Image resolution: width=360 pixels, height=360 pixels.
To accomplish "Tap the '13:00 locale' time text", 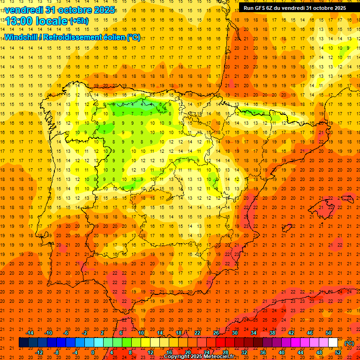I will point(37,21).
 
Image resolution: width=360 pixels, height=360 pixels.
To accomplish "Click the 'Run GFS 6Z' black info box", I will point(295,7).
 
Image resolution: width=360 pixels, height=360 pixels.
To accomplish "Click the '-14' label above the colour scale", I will point(30,333).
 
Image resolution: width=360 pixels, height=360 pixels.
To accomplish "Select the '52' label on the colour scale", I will point(338,352).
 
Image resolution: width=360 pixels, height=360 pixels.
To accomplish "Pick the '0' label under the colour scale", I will point(93,352).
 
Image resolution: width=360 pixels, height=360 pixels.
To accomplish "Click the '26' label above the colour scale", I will point(216,333).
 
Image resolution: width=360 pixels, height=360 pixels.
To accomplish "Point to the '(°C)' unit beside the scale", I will point(349,343).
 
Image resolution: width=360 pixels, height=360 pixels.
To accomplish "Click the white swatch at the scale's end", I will point(333,343).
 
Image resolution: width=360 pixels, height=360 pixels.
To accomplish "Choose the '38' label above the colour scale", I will point(272,333).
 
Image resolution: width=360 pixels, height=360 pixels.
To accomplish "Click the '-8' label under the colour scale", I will point(57,352).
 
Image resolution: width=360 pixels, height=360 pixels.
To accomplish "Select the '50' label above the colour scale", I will point(329,333).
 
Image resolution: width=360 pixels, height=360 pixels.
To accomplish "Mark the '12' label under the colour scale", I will point(150,352).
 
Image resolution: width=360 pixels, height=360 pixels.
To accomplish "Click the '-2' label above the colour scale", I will point(85,333).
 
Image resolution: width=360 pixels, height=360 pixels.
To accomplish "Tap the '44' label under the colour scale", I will point(300,352).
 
